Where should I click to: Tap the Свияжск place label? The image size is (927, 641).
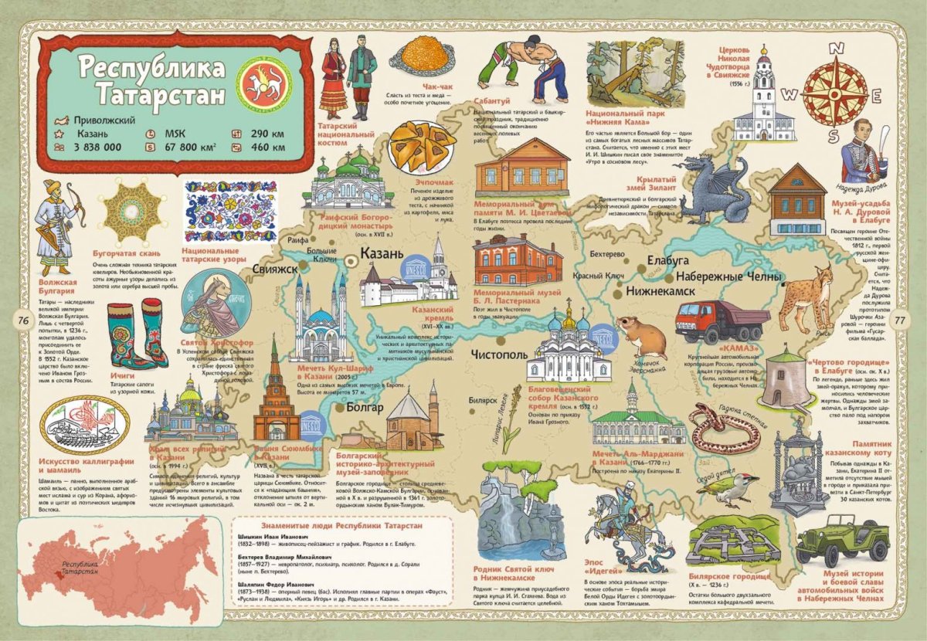(x=274, y=270)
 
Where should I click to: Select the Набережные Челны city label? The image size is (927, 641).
(x=728, y=277)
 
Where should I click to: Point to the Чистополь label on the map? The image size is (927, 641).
(x=497, y=354)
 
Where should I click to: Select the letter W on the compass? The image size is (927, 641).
(x=789, y=95)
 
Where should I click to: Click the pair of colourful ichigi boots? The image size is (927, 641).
(x=137, y=335)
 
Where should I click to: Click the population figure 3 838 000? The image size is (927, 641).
(x=97, y=146)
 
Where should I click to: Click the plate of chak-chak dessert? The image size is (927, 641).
(x=422, y=53)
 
